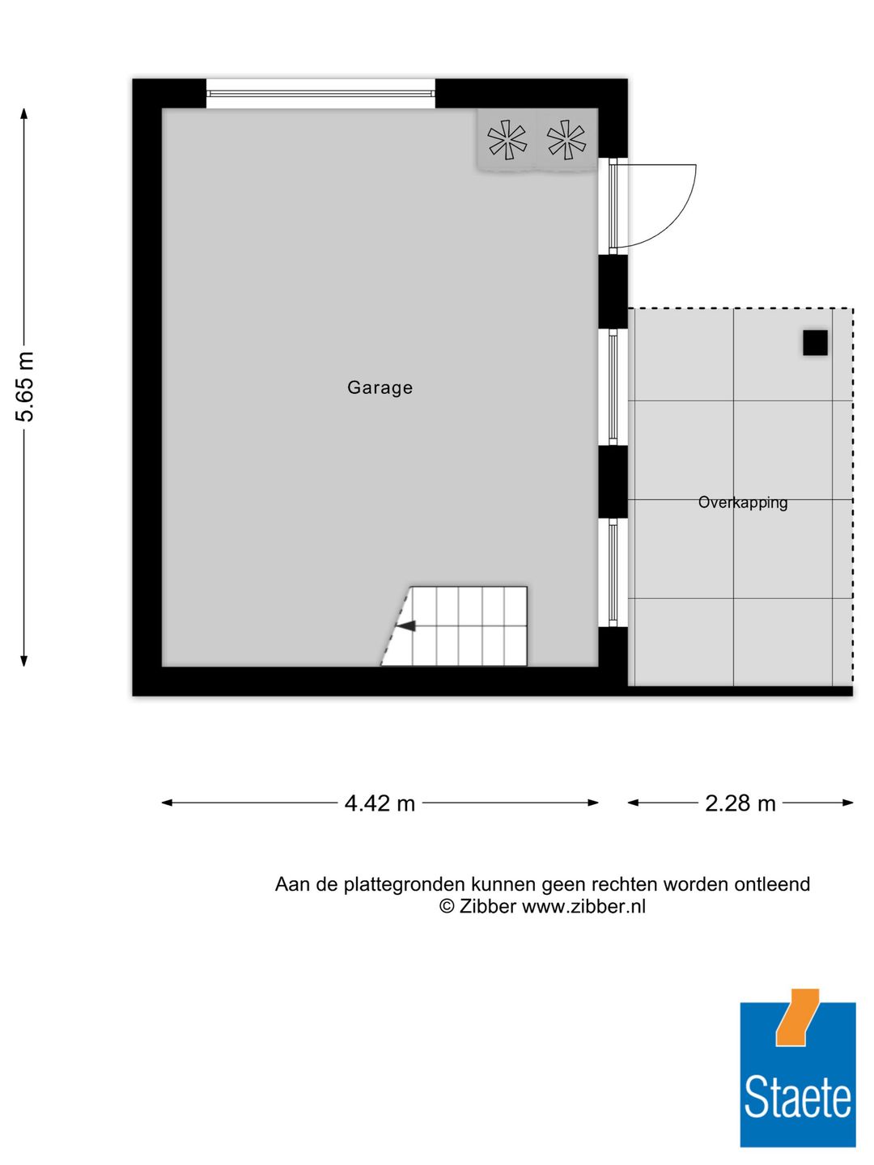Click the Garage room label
[380, 388]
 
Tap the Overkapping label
[742, 502]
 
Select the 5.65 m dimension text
[26, 387]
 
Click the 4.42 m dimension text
[380, 803]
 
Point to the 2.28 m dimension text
[740, 803]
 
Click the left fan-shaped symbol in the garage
[507, 139]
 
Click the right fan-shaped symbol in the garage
[566, 139]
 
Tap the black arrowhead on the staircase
[406, 625]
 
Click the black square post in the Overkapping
[815, 343]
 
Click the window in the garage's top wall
[320, 94]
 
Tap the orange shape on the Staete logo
[796, 1017]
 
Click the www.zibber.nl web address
[583, 907]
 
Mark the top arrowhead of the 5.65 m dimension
[24, 114]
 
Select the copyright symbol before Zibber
[447, 907]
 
